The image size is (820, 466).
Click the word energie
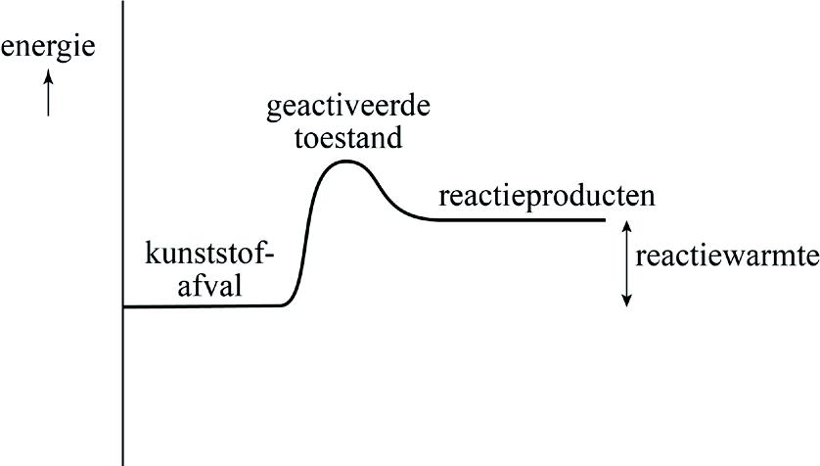point(48,46)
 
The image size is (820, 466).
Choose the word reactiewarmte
point(726,257)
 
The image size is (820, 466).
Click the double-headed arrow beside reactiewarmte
point(627,263)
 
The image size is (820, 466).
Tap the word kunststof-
point(210,256)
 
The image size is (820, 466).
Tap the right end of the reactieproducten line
point(606,219)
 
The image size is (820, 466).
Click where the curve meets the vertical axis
point(123,306)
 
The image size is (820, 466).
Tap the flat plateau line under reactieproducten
point(519,219)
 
